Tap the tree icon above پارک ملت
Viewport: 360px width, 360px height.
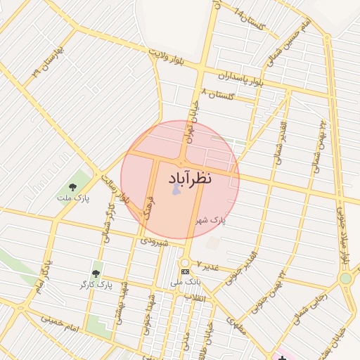click(x=72, y=187)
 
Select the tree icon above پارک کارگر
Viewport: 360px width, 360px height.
click(x=96, y=273)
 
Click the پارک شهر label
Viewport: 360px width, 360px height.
click(x=211, y=220)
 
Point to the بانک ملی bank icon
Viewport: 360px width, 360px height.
click(x=185, y=271)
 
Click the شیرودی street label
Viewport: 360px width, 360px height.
click(x=154, y=240)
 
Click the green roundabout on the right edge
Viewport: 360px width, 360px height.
click(x=345, y=278)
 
